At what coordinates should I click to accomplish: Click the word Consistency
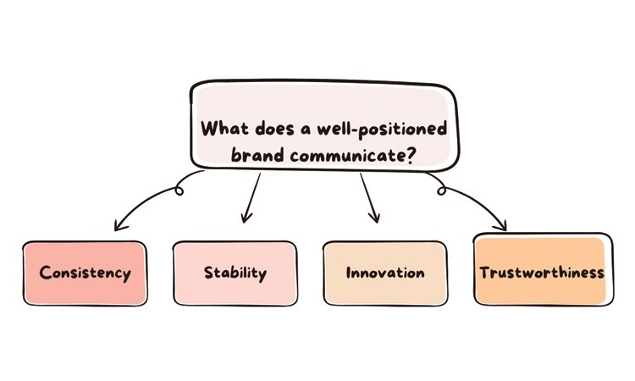tap(85, 273)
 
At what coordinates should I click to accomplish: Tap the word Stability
tap(235, 273)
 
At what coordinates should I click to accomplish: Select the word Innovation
tap(385, 273)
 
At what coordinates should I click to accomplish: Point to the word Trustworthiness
tap(541, 273)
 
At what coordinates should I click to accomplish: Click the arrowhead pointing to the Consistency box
tap(118, 226)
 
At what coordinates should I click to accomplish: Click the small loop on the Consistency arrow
tap(179, 190)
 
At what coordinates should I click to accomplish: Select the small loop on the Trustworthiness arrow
tap(441, 190)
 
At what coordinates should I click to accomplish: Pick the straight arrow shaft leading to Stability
tap(252, 196)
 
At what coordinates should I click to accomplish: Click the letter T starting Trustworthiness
tap(484, 273)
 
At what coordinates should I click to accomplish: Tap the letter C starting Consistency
tap(45, 273)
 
